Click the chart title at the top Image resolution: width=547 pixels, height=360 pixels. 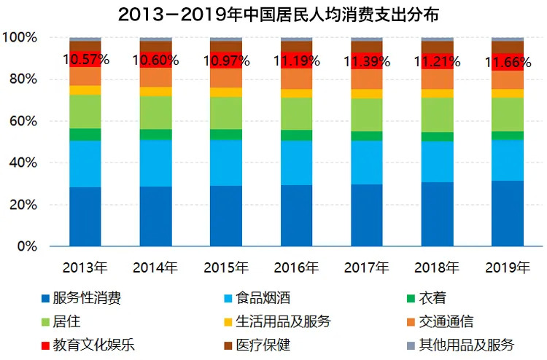point(273,14)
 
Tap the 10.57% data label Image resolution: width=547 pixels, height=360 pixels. point(86,59)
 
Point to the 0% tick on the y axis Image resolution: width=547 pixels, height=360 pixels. point(32,247)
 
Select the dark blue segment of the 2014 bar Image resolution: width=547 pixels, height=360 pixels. point(156,217)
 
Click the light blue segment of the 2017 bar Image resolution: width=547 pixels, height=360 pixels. point(368,163)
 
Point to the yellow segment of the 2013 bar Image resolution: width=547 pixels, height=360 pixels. point(86,90)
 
